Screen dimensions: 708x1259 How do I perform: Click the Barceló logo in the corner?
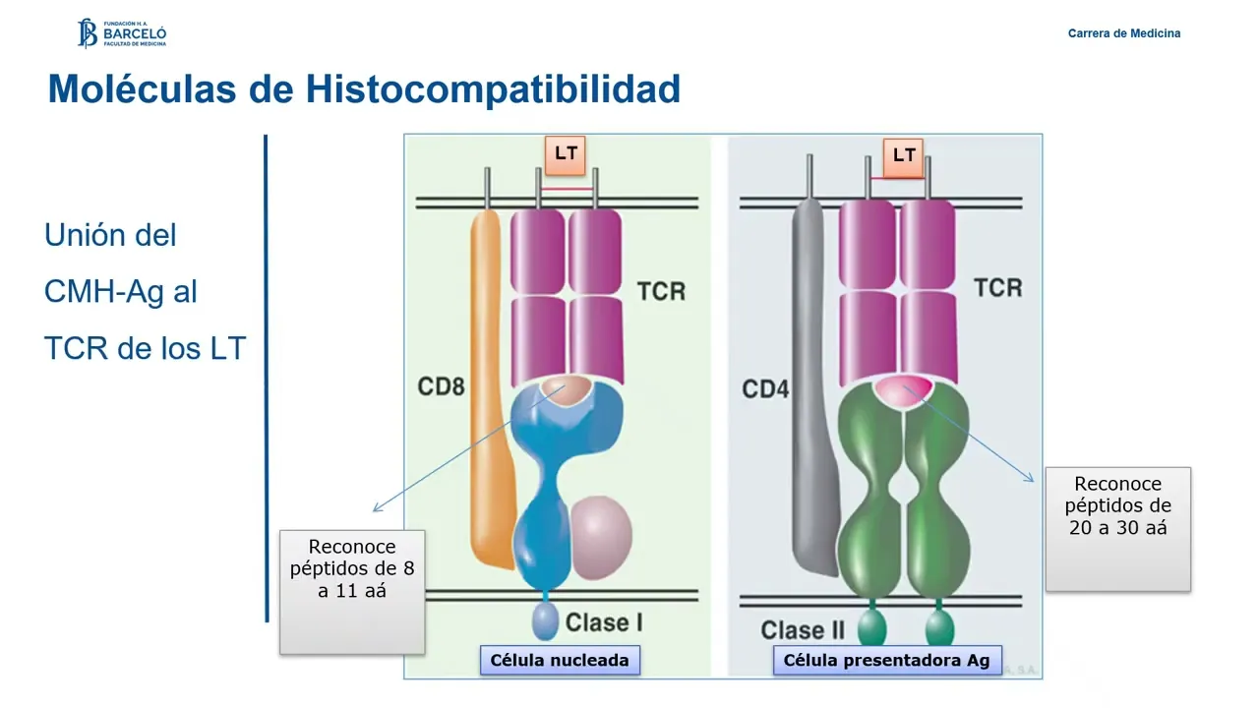(122, 33)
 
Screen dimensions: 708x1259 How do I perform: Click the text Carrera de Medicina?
(1124, 33)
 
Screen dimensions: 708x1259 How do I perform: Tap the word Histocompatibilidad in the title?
(493, 89)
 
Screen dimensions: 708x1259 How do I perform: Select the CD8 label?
(441, 386)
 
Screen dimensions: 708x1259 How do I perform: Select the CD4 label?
(765, 390)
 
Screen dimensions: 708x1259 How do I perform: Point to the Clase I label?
(603, 622)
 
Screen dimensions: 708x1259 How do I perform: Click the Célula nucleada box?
(560, 660)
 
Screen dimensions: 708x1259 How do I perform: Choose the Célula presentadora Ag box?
(887, 660)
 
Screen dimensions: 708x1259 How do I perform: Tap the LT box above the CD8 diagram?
(566, 153)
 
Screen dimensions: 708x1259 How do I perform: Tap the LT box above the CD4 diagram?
(904, 155)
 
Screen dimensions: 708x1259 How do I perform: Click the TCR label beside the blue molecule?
(661, 292)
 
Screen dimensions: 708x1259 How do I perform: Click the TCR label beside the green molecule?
(997, 288)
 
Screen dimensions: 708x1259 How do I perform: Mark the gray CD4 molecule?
(811, 393)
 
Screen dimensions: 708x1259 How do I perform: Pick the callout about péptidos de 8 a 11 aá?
(352, 591)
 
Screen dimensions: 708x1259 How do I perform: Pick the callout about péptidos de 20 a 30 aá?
(1117, 528)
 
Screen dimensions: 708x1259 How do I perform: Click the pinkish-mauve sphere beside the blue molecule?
(601, 536)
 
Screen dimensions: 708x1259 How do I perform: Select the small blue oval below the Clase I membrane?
(545, 621)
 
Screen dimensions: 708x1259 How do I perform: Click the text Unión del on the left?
(110, 236)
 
